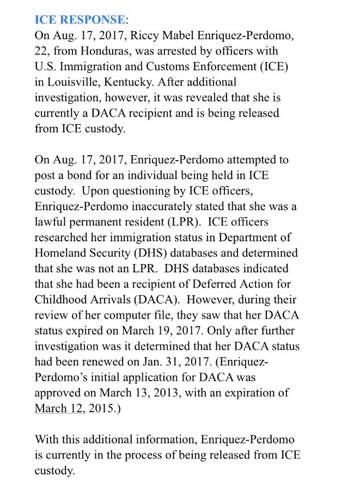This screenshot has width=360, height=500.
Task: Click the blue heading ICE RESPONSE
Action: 80,20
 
